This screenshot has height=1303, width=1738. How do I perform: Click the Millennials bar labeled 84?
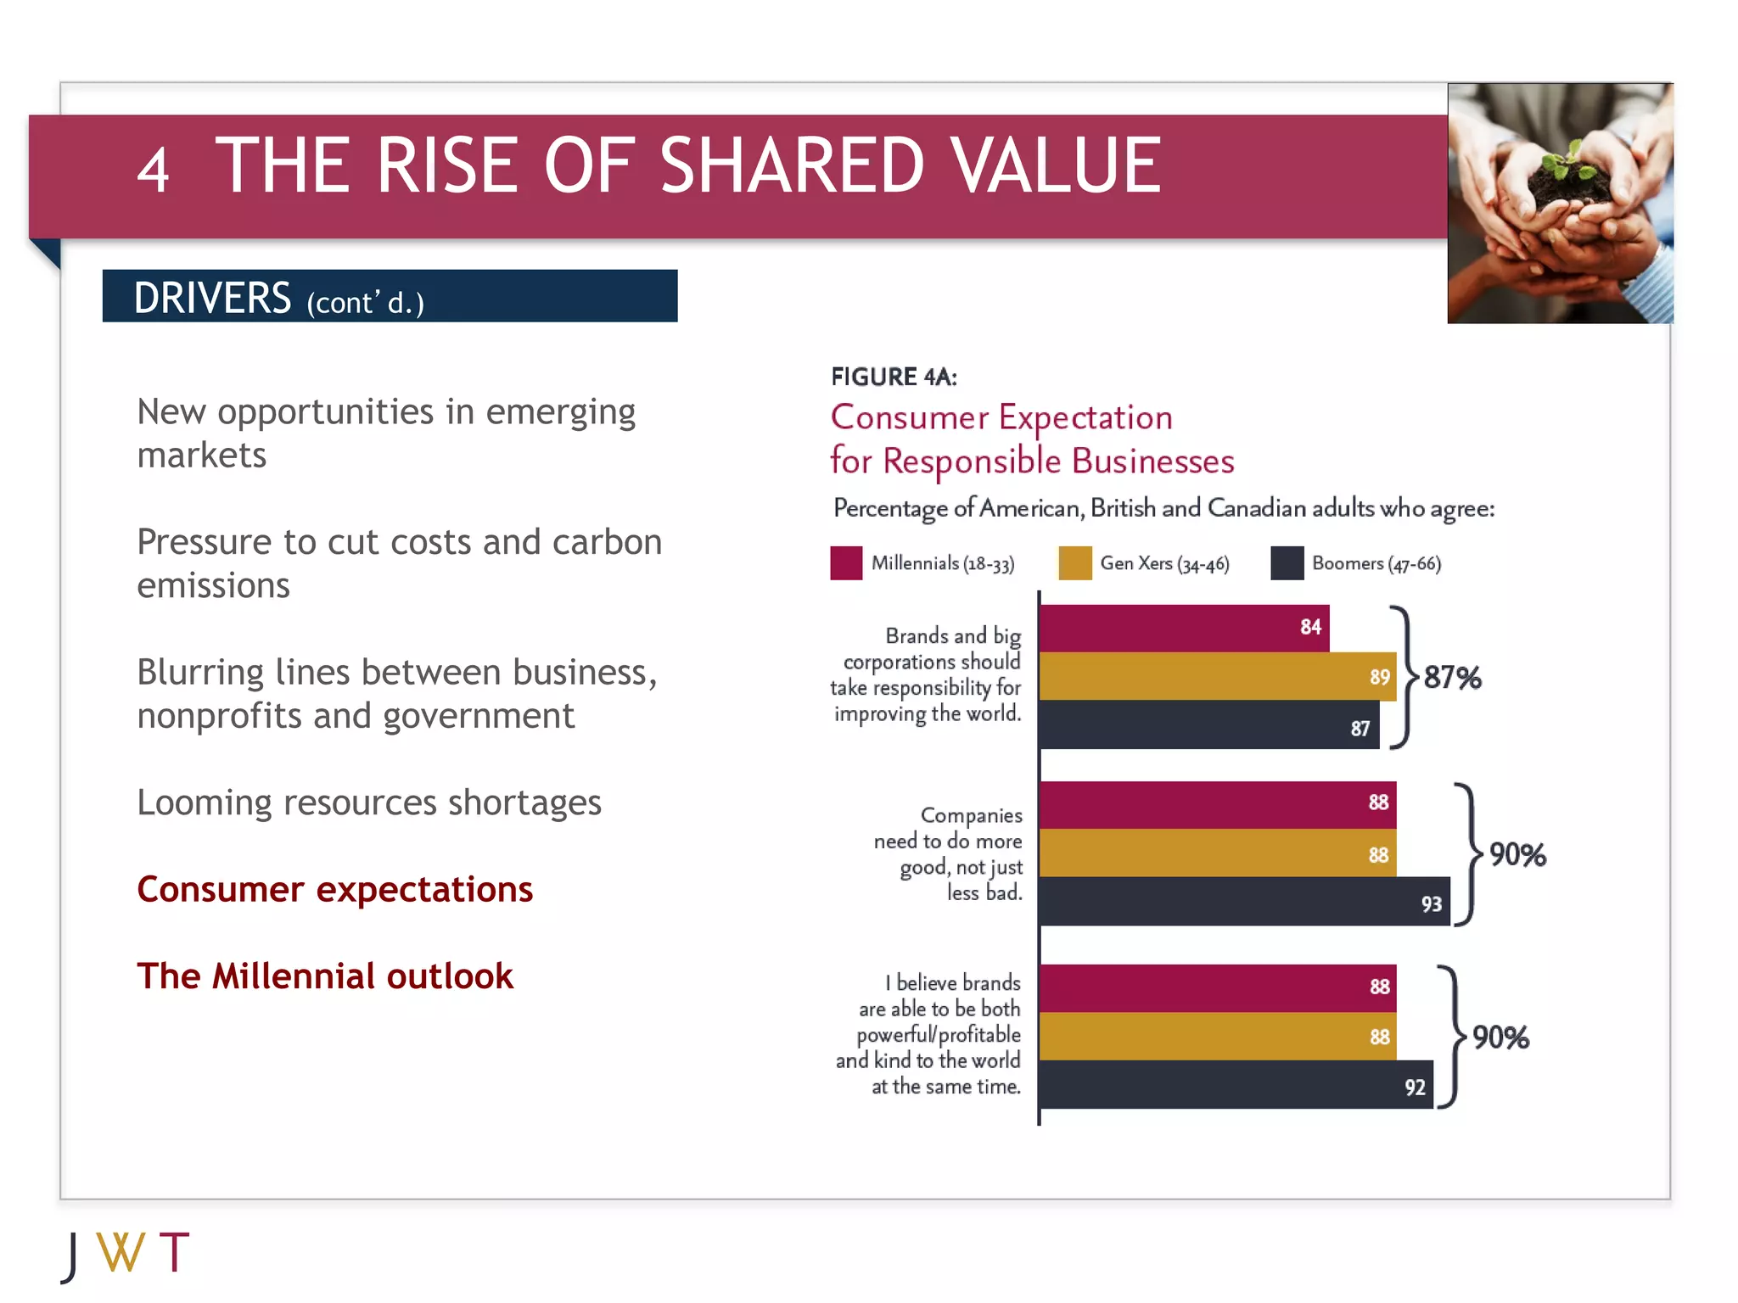click(x=1184, y=629)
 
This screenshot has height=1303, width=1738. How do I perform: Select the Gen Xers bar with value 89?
click(x=1217, y=677)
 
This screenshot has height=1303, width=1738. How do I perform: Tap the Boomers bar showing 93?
click(x=1244, y=902)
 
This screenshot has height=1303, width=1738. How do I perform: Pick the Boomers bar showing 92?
click(x=1236, y=1085)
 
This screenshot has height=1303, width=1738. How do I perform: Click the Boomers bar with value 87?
click(x=1208, y=726)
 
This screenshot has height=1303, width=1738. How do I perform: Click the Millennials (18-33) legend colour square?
click(x=846, y=563)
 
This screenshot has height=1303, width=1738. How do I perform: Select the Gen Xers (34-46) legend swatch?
click(x=1075, y=563)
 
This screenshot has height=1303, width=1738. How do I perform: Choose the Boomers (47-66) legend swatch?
click(x=1287, y=563)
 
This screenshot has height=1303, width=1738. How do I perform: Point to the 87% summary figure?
click(x=1452, y=678)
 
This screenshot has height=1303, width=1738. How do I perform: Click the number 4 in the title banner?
click(x=154, y=170)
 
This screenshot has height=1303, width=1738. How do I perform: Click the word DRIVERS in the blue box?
click(x=212, y=298)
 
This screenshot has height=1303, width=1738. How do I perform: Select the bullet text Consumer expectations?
click(x=334, y=890)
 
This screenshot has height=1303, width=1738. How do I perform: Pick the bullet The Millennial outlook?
click(x=325, y=976)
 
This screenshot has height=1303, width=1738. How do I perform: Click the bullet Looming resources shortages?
click(x=369, y=802)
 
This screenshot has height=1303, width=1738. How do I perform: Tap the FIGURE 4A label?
click(x=894, y=377)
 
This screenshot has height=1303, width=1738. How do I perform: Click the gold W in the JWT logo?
click(x=121, y=1253)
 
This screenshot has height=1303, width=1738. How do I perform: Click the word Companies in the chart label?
click(x=971, y=815)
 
